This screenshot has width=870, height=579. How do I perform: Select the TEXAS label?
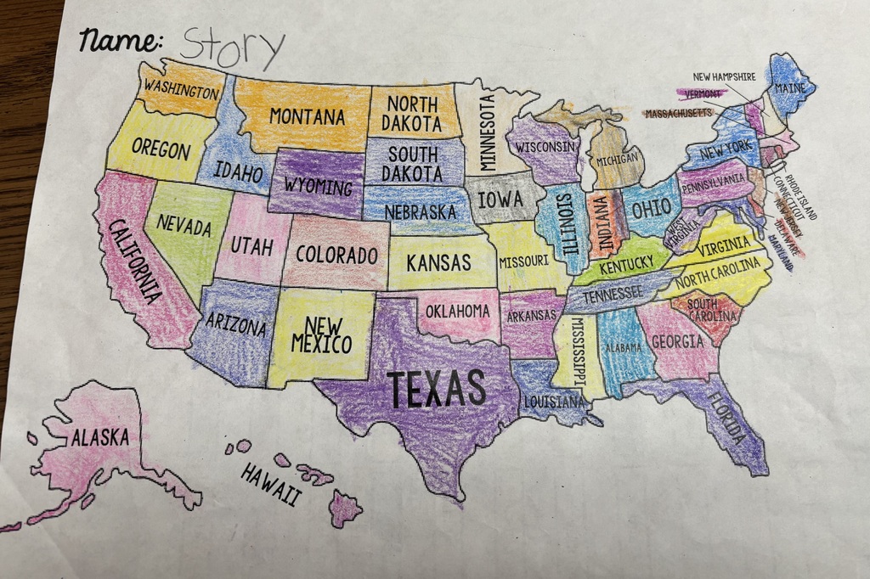[437, 388]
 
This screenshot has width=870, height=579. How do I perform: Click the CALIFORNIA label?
[135, 259]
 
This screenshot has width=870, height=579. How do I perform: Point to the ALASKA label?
[100, 438]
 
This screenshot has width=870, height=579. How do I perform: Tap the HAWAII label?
[270, 484]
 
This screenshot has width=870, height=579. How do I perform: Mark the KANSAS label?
[438, 262]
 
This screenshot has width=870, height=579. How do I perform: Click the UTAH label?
[251, 247]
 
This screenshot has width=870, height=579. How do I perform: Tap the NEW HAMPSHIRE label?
[724, 76]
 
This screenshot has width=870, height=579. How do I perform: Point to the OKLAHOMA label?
[457, 311]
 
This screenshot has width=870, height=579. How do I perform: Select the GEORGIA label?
[677, 342]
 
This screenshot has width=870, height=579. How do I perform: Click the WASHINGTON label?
[180, 88]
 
